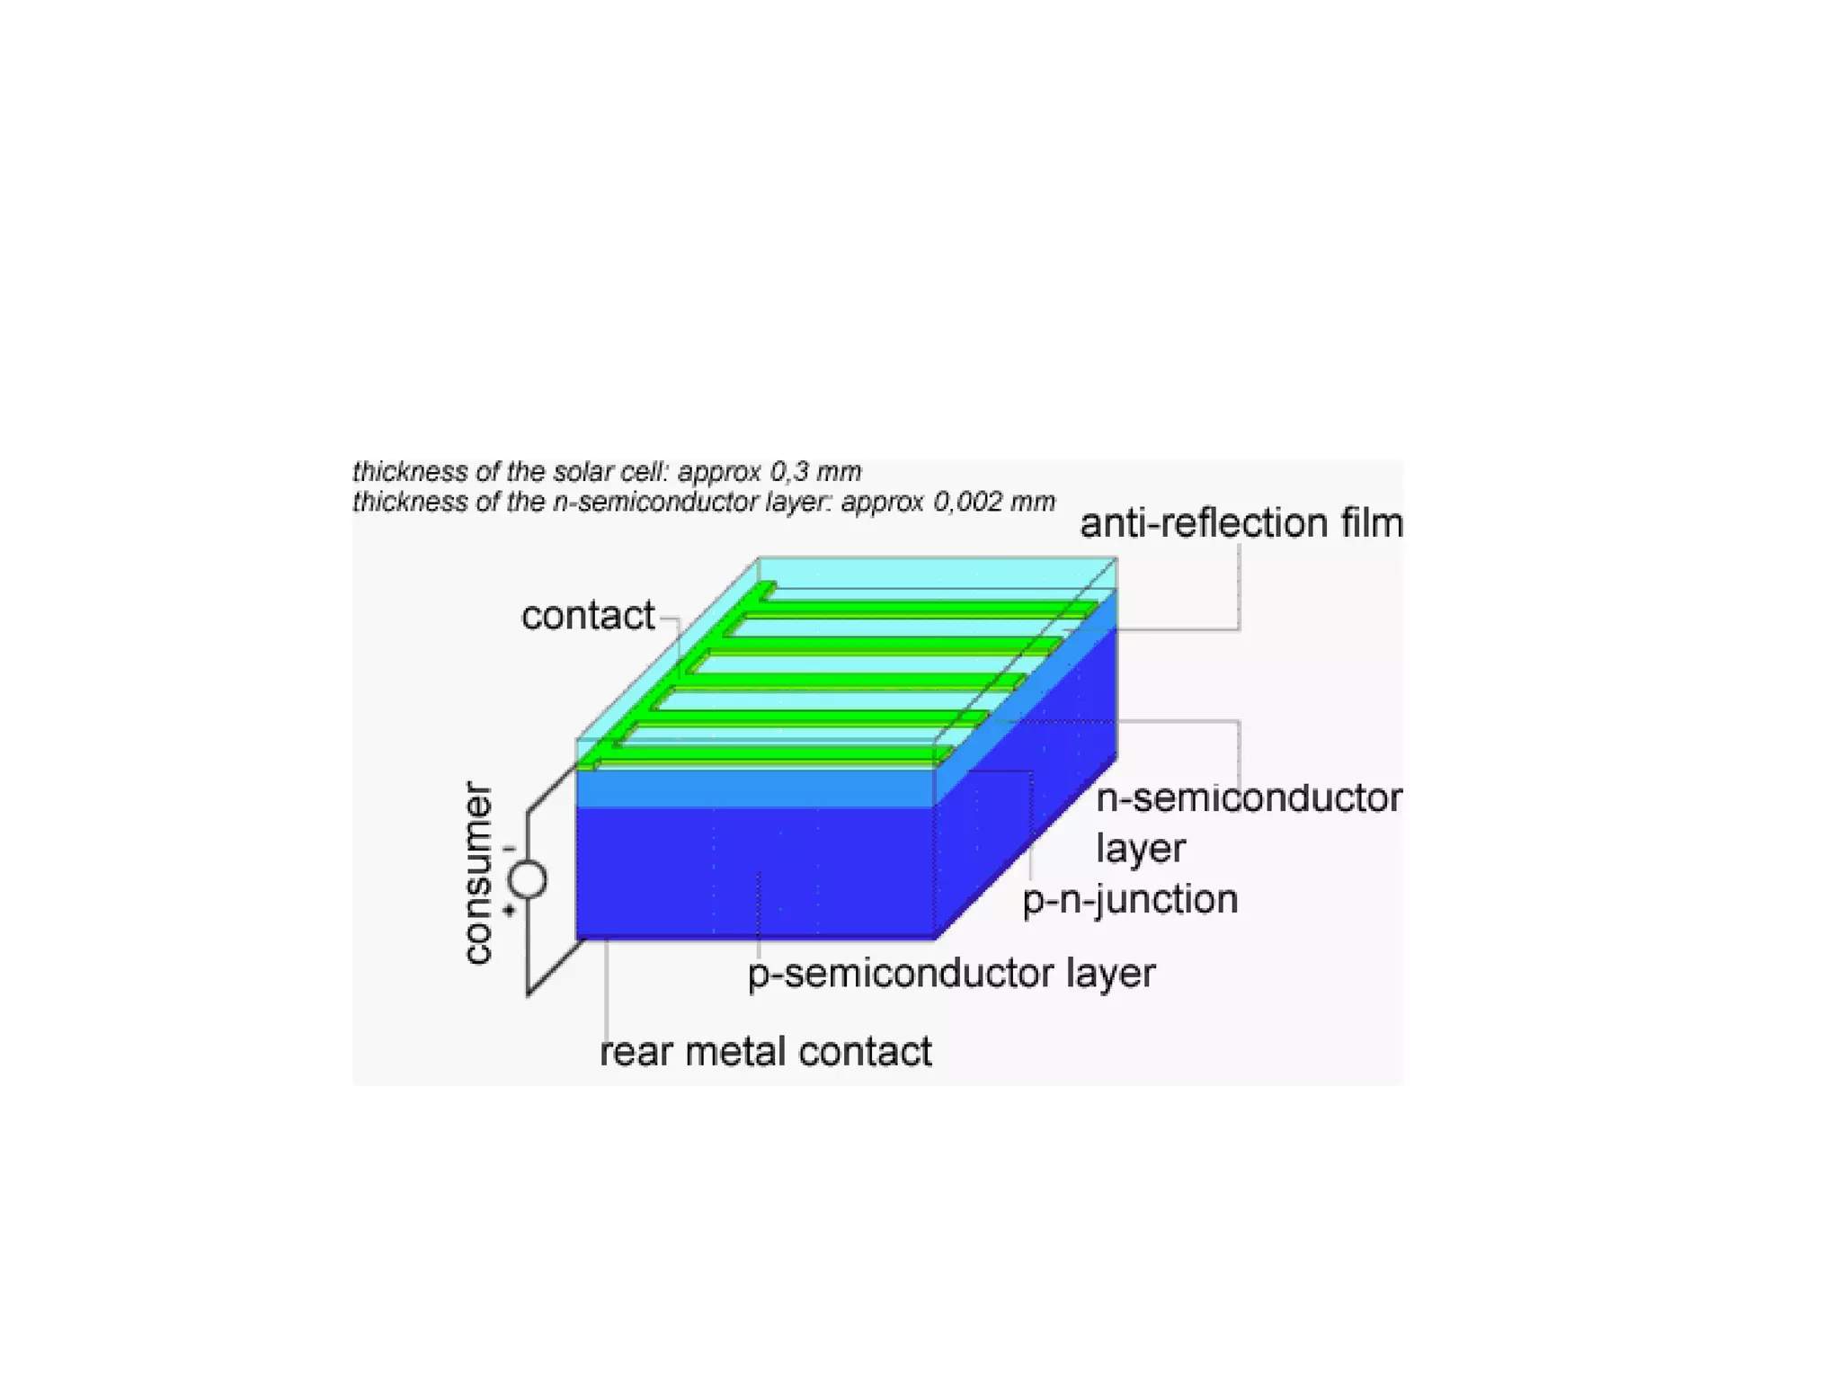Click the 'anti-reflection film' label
tap(1241, 523)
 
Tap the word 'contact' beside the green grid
tap(588, 616)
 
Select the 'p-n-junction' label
tap(1130, 899)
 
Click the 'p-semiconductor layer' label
tap(951, 973)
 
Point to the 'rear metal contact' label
tap(765, 1051)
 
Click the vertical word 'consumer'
tap(477, 872)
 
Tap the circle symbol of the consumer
tap(529, 879)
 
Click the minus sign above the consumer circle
tap(510, 849)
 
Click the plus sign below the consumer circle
tap(510, 911)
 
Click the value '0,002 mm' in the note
tap(993, 502)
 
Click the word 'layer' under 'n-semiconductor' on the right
tap(1140, 849)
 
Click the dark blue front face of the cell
tap(755, 872)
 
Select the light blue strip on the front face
tap(755, 789)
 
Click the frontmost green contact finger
tap(773, 754)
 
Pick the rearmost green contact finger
tap(926, 609)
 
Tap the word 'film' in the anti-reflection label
tap(1372, 523)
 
